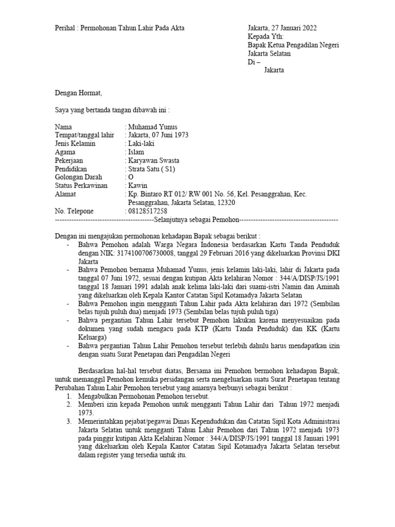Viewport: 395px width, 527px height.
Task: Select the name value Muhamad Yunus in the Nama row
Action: click(x=153, y=127)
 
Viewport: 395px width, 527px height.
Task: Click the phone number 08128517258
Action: click(x=147, y=211)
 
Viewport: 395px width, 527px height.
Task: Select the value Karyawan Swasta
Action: click(x=154, y=161)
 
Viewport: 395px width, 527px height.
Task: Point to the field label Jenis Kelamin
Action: click(x=75, y=144)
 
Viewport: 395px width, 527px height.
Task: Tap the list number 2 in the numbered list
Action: click(x=69, y=405)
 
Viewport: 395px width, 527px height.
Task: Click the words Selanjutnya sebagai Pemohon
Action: click(x=195, y=220)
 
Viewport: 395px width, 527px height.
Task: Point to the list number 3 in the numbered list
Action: click(x=69, y=422)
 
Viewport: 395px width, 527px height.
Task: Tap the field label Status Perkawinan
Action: click(x=81, y=185)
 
